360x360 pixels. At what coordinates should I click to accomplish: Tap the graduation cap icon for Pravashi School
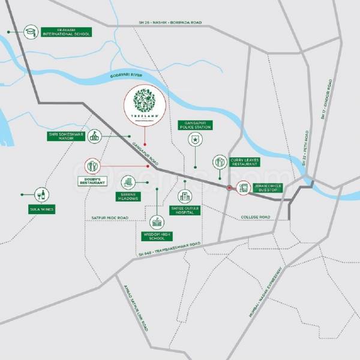[31, 31]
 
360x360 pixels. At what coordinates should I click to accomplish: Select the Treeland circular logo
[144, 106]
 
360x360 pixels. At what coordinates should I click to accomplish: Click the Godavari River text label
[129, 76]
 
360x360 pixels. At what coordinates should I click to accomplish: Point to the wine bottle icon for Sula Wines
[43, 194]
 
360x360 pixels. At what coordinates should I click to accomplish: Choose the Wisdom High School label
[157, 236]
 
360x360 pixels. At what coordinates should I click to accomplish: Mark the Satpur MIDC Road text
[110, 217]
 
